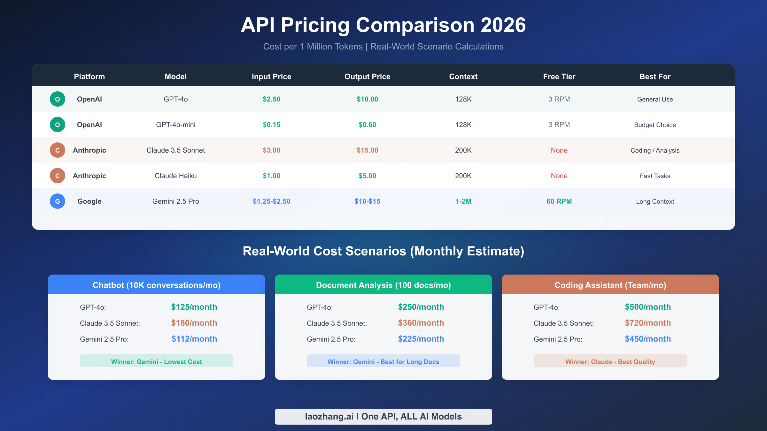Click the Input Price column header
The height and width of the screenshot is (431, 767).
pos(271,77)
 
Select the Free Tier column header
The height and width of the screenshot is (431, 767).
pos(559,77)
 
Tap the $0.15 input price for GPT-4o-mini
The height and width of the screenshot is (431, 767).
pos(271,125)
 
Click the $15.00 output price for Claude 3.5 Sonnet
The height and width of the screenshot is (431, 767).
pos(367,150)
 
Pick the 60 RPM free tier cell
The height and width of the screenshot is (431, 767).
pos(559,201)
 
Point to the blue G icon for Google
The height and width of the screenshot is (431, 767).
pos(58,201)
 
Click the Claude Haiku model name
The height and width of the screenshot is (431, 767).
pos(175,176)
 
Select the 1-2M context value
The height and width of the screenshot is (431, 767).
pos(463,201)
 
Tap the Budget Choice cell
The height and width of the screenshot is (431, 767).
pos(655,125)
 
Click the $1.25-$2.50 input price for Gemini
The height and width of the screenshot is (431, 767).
pos(271,201)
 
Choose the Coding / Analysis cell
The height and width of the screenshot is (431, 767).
pos(655,150)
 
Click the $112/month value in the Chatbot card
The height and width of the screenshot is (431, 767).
pos(194,339)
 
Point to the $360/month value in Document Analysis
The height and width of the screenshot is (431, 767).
pos(421,323)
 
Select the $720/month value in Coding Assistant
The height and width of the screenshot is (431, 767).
pos(648,323)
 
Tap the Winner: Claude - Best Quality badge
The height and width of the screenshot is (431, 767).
pos(610,361)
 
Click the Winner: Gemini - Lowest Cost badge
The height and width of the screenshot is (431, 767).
pos(156,361)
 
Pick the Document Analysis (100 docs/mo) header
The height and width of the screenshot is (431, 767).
pos(383,285)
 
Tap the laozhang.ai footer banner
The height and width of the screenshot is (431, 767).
pos(383,417)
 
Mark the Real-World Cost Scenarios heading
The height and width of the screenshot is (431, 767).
pos(383,251)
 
